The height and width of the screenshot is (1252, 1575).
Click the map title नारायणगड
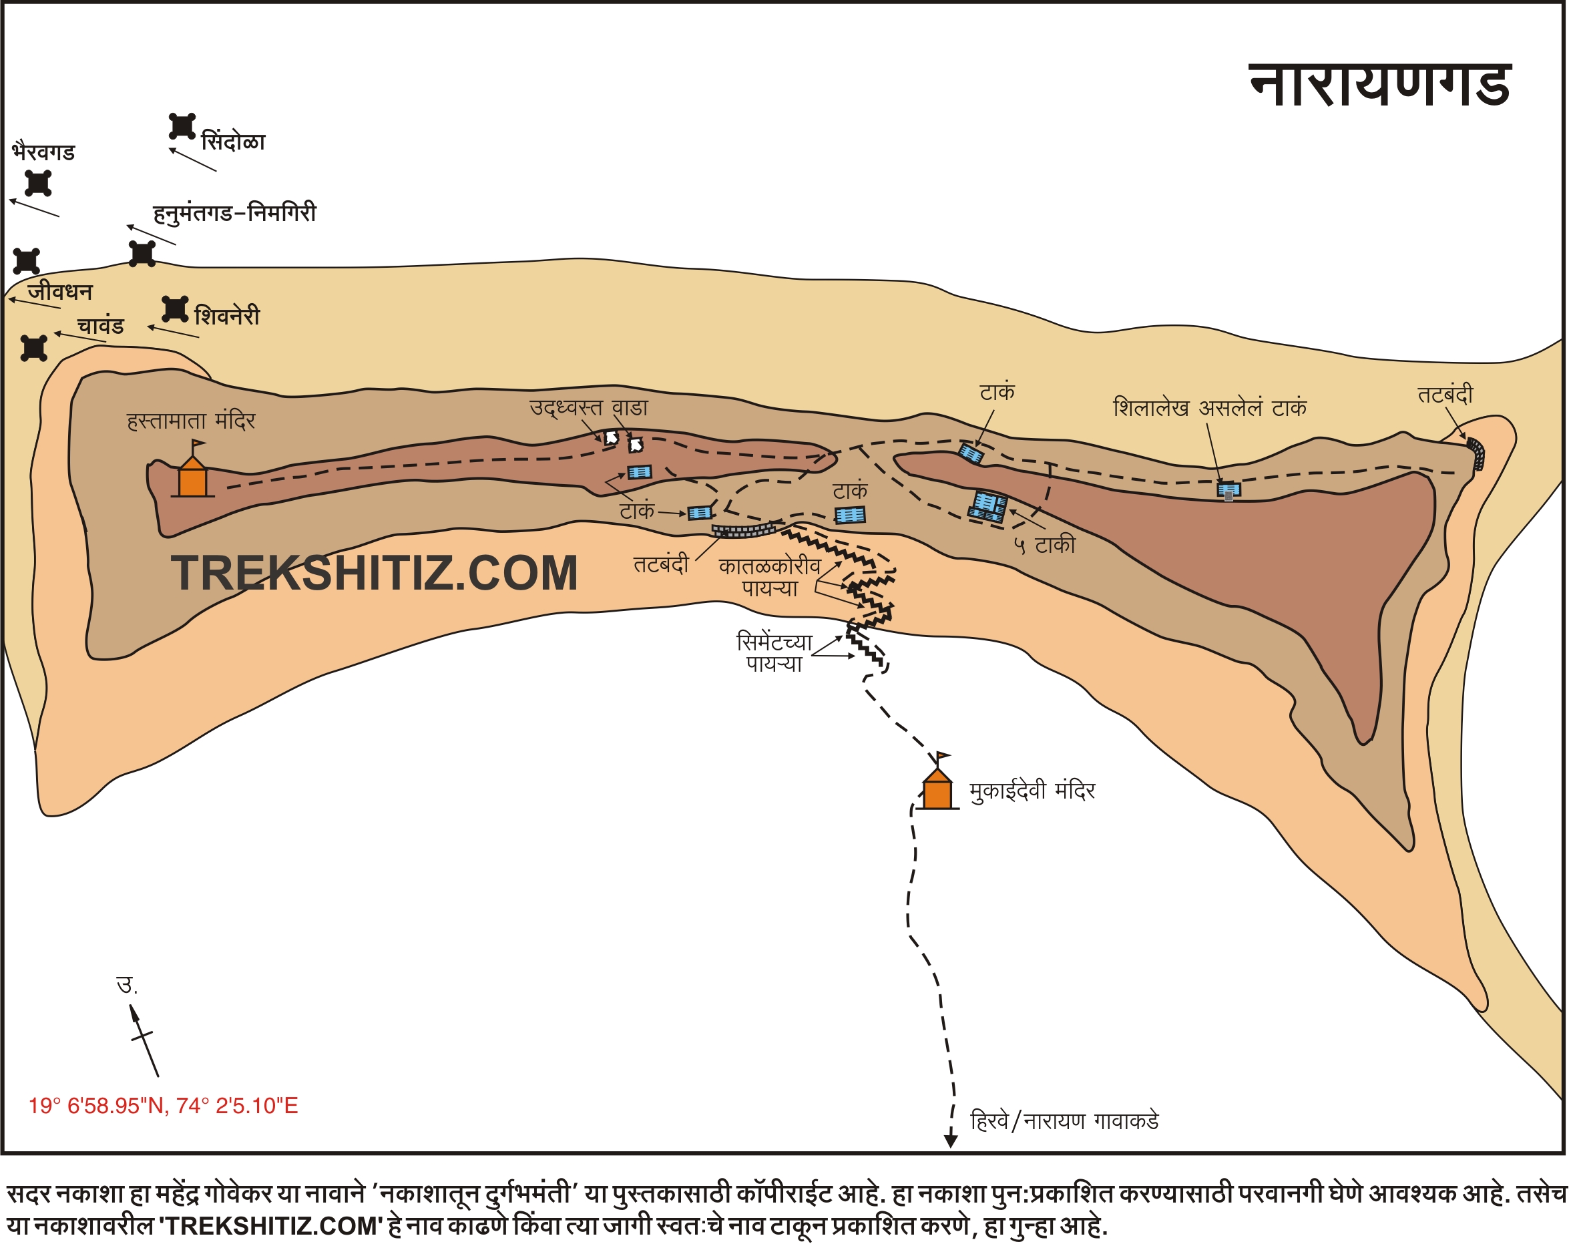(x=1379, y=86)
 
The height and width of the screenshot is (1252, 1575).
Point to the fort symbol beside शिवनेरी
(x=175, y=309)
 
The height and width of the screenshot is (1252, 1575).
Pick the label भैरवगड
(x=43, y=152)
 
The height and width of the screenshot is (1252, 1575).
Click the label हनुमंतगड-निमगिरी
(x=234, y=213)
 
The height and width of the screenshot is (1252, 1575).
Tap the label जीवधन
(x=60, y=292)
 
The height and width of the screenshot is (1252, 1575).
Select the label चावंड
(x=100, y=326)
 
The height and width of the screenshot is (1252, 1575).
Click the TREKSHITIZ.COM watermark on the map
(x=374, y=573)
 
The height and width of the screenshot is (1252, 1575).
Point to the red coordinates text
(x=163, y=1105)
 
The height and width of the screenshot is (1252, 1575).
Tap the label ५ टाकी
(x=1045, y=545)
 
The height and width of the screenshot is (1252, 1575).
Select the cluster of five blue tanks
(x=988, y=506)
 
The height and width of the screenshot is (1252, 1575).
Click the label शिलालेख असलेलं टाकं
(x=1210, y=407)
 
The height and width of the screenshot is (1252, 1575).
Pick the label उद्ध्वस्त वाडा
(x=589, y=407)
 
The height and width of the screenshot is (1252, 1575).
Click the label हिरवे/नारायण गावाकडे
(x=1064, y=1120)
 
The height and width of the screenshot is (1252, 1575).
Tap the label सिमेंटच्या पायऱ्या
(x=774, y=653)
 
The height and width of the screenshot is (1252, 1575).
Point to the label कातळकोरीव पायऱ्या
(x=769, y=577)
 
